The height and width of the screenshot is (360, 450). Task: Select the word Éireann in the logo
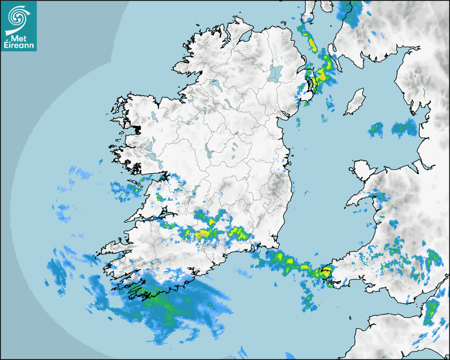19,46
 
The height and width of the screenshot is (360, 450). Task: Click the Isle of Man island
355,102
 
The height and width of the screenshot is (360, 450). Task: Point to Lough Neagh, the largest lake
276,73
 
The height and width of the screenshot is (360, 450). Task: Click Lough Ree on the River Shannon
210,154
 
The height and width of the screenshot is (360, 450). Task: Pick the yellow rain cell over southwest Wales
323,273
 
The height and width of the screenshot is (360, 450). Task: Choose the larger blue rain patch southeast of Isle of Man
404,128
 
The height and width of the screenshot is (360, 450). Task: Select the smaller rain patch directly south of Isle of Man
376,129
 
